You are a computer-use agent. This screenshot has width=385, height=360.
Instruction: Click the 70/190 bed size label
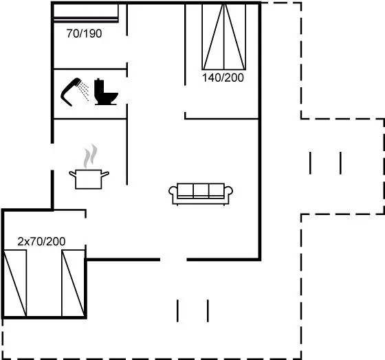tap(84, 34)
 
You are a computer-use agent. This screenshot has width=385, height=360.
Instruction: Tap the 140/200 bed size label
tap(223, 78)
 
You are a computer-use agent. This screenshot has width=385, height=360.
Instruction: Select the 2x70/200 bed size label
tap(41, 241)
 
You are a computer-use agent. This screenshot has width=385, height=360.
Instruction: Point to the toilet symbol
tap(106, 92)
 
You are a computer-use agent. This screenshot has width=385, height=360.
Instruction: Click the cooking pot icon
tap(89, 179)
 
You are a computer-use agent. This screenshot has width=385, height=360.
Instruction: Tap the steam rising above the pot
tap(90, 156)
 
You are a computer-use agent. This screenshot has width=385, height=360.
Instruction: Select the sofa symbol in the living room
tap(201, 194)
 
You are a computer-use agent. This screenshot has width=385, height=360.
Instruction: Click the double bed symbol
tap(223, 37)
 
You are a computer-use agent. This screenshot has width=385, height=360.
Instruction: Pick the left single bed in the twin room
tap(15, 283)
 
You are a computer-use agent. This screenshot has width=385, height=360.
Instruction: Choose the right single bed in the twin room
tap(73, 283)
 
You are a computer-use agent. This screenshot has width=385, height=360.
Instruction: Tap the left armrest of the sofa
tap(173, 192)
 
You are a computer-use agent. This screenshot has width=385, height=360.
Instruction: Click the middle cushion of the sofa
tap(201, 190)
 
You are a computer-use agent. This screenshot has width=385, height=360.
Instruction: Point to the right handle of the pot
tap(105, 175)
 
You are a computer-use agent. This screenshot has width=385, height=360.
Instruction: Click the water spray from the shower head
tap(84, 91)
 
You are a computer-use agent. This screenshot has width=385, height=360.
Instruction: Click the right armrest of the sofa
tap(228, 192)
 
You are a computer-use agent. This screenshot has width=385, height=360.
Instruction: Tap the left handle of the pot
tap(73, 175)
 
